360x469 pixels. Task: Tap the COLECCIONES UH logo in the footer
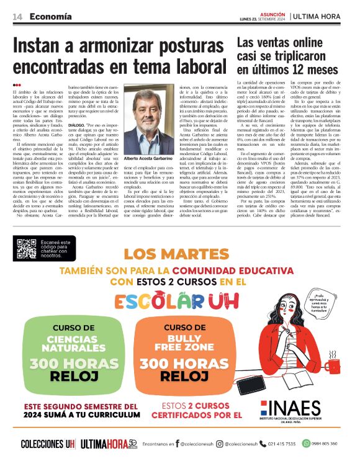(x=48, y=444)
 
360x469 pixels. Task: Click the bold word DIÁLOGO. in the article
(x=78, y=124)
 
